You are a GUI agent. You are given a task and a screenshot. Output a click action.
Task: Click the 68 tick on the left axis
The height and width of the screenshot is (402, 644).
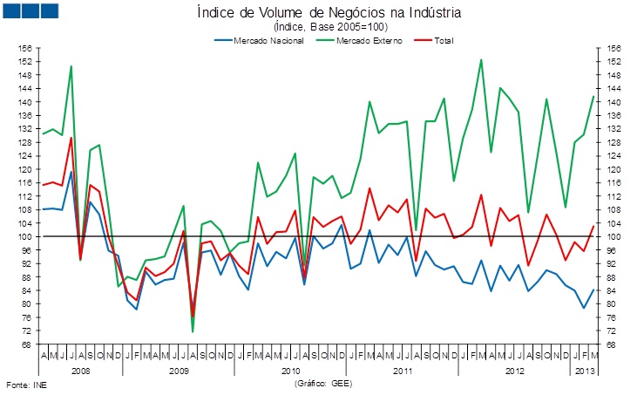point(28,344)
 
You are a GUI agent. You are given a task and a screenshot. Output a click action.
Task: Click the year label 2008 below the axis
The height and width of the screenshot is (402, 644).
point(80,370)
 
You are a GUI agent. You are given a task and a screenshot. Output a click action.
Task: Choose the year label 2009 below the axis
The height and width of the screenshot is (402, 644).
point(179,370)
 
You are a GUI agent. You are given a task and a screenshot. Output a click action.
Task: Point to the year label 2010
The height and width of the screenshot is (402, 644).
point(291,370)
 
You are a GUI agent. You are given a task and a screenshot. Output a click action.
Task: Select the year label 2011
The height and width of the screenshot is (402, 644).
point(403,370)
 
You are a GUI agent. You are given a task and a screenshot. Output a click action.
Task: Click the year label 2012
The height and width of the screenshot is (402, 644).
point(514,370)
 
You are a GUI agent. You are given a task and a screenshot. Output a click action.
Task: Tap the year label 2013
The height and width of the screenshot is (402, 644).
point(584,370)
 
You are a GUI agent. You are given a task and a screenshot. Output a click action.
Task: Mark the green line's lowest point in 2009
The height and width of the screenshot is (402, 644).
point(193,331)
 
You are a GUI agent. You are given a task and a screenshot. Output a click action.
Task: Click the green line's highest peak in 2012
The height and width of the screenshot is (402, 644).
point(481,59)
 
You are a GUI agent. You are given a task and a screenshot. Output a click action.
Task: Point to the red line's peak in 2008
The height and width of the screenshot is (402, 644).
point(71,138)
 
